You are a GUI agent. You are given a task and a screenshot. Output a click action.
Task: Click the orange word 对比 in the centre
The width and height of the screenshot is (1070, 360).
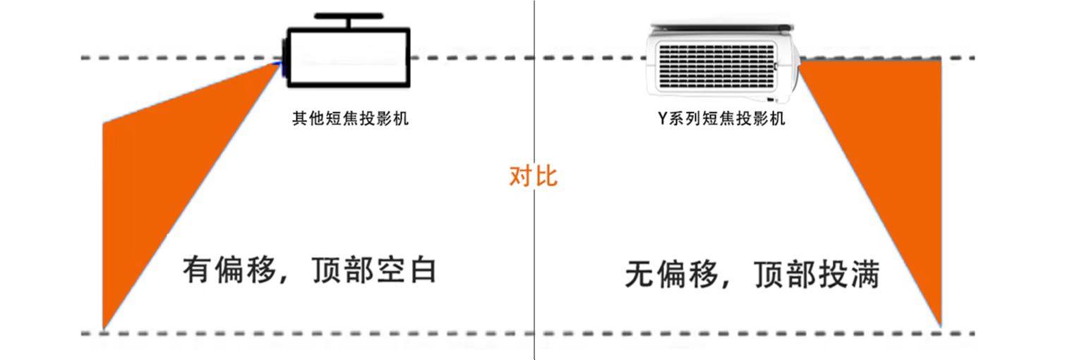[x=533, y=176]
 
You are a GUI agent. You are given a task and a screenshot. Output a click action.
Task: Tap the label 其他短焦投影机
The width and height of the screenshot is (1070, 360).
[x=350, y=119]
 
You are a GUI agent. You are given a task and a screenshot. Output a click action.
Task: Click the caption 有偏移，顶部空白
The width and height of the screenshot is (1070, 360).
[x=309, y=271]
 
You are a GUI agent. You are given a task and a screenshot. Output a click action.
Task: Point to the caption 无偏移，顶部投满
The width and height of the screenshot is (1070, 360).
[x=752, y=275]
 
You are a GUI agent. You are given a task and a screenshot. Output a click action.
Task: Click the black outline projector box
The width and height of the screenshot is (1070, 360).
[x=349, y=57]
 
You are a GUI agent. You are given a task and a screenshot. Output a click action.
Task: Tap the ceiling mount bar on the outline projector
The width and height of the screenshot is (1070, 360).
[x=349, y=16]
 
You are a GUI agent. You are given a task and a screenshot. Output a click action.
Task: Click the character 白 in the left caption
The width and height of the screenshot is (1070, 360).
[x=422, y=271]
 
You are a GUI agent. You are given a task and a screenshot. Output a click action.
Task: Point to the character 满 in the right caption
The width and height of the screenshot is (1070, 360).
[x=865, y=275]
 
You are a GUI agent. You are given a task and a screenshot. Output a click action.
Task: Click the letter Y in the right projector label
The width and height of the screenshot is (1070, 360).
[x=662, y=119]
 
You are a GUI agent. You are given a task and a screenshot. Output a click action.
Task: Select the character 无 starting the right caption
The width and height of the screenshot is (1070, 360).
[x=639, y=275]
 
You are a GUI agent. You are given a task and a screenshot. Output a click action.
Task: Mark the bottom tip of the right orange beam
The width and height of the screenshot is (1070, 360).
[x=941, y=324]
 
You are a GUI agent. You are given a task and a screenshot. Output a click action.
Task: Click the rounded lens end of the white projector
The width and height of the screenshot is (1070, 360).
[x=793, y=65]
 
